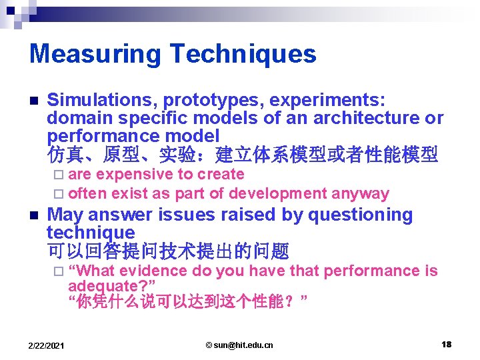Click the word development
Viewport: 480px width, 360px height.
tap(284, 194)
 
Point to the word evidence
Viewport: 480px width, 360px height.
tap(155, 271)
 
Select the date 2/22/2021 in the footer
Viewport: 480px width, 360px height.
tap(46, 345)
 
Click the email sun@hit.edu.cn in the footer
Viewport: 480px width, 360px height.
tap(239, 345)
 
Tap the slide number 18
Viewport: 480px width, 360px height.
tap(446, 345)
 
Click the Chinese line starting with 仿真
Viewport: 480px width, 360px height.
tap(242, 155)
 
